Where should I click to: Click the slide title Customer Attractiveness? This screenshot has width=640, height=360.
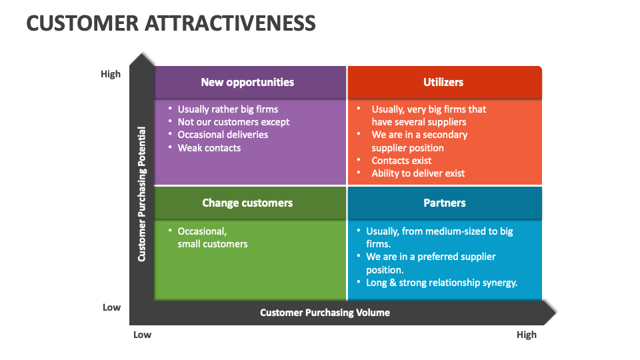(x=171, y=23)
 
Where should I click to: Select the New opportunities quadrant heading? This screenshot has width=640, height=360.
(x=247, y=82)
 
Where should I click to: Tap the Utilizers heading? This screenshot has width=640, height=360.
(x=443, y=82)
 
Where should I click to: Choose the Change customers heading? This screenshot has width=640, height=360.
(x=247, y=203)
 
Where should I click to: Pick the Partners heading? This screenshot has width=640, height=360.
(x=445, y=203)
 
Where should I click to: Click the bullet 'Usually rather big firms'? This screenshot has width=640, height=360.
(x=227, y=109)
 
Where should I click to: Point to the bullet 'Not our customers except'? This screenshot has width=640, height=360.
(x=233, y=121)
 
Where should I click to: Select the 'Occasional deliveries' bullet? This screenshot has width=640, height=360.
(x=223, y=134)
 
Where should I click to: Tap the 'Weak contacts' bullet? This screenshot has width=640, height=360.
(x=209, y=147)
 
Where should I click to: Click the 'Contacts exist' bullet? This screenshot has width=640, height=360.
(x=401, y=160)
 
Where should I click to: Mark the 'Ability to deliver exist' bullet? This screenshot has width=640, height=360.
(x=418, y=173)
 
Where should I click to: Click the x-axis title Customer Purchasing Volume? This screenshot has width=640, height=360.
(x=325, y=312)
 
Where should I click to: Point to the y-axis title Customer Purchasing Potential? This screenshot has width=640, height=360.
(x=141, y=193)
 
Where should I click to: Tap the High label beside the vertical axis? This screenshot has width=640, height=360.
(x=111, y=74)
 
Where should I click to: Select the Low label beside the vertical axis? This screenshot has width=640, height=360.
(x=111, y=307)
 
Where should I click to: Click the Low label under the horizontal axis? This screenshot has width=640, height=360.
(x=142, y=335)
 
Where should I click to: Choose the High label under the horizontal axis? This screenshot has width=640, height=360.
(x=526, y=335)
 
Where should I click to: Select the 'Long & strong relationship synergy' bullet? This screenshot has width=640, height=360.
(x=441, y=282)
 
